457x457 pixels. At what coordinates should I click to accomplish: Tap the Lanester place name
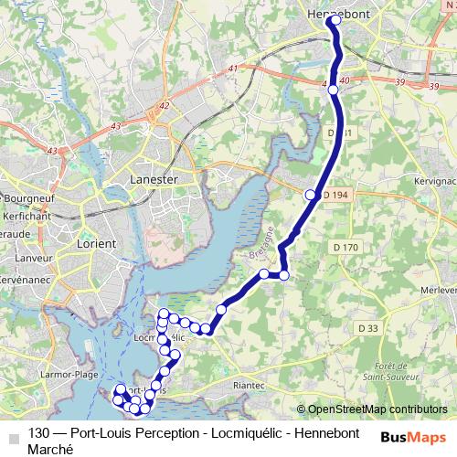154,180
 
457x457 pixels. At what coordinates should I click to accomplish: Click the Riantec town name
252,387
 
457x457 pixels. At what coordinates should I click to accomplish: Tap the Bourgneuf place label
31,197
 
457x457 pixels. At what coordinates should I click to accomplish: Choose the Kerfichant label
29,210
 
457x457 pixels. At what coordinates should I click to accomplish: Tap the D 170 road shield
346,247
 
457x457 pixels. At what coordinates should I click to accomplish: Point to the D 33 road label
368,328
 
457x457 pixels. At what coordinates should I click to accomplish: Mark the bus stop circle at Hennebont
336,19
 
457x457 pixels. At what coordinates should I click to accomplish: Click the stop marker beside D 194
311,195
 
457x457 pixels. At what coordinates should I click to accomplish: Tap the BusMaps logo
414,436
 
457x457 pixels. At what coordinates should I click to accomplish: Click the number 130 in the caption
39,433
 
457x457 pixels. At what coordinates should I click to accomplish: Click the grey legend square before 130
12,434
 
